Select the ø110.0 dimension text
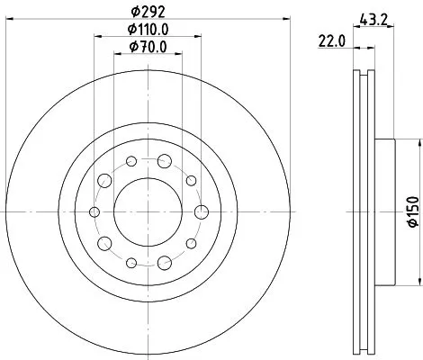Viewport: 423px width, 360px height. click(x=148, y=33)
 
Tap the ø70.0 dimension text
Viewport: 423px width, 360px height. click(x=148, y=49)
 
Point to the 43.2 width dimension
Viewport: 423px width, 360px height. click(x=373, y=17)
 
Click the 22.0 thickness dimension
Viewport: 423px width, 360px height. click(x=332, y=40)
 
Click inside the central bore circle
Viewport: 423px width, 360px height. click(x=148, y=211)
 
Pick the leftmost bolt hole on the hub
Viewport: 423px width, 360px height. click(x=95, y=211)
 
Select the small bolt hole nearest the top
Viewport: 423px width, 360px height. click(x=131, y=162)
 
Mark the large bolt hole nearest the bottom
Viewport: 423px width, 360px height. click(x=164, y=262)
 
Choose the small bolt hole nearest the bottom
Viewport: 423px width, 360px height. click(x=131, y=262)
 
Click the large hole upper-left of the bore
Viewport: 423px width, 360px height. click(x=105, y=181)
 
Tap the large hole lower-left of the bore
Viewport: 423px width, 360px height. click(x=105, y=242)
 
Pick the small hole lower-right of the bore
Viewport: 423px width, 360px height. click(x=190, y=242)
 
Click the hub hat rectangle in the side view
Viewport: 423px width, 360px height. click(x=386, y=211)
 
